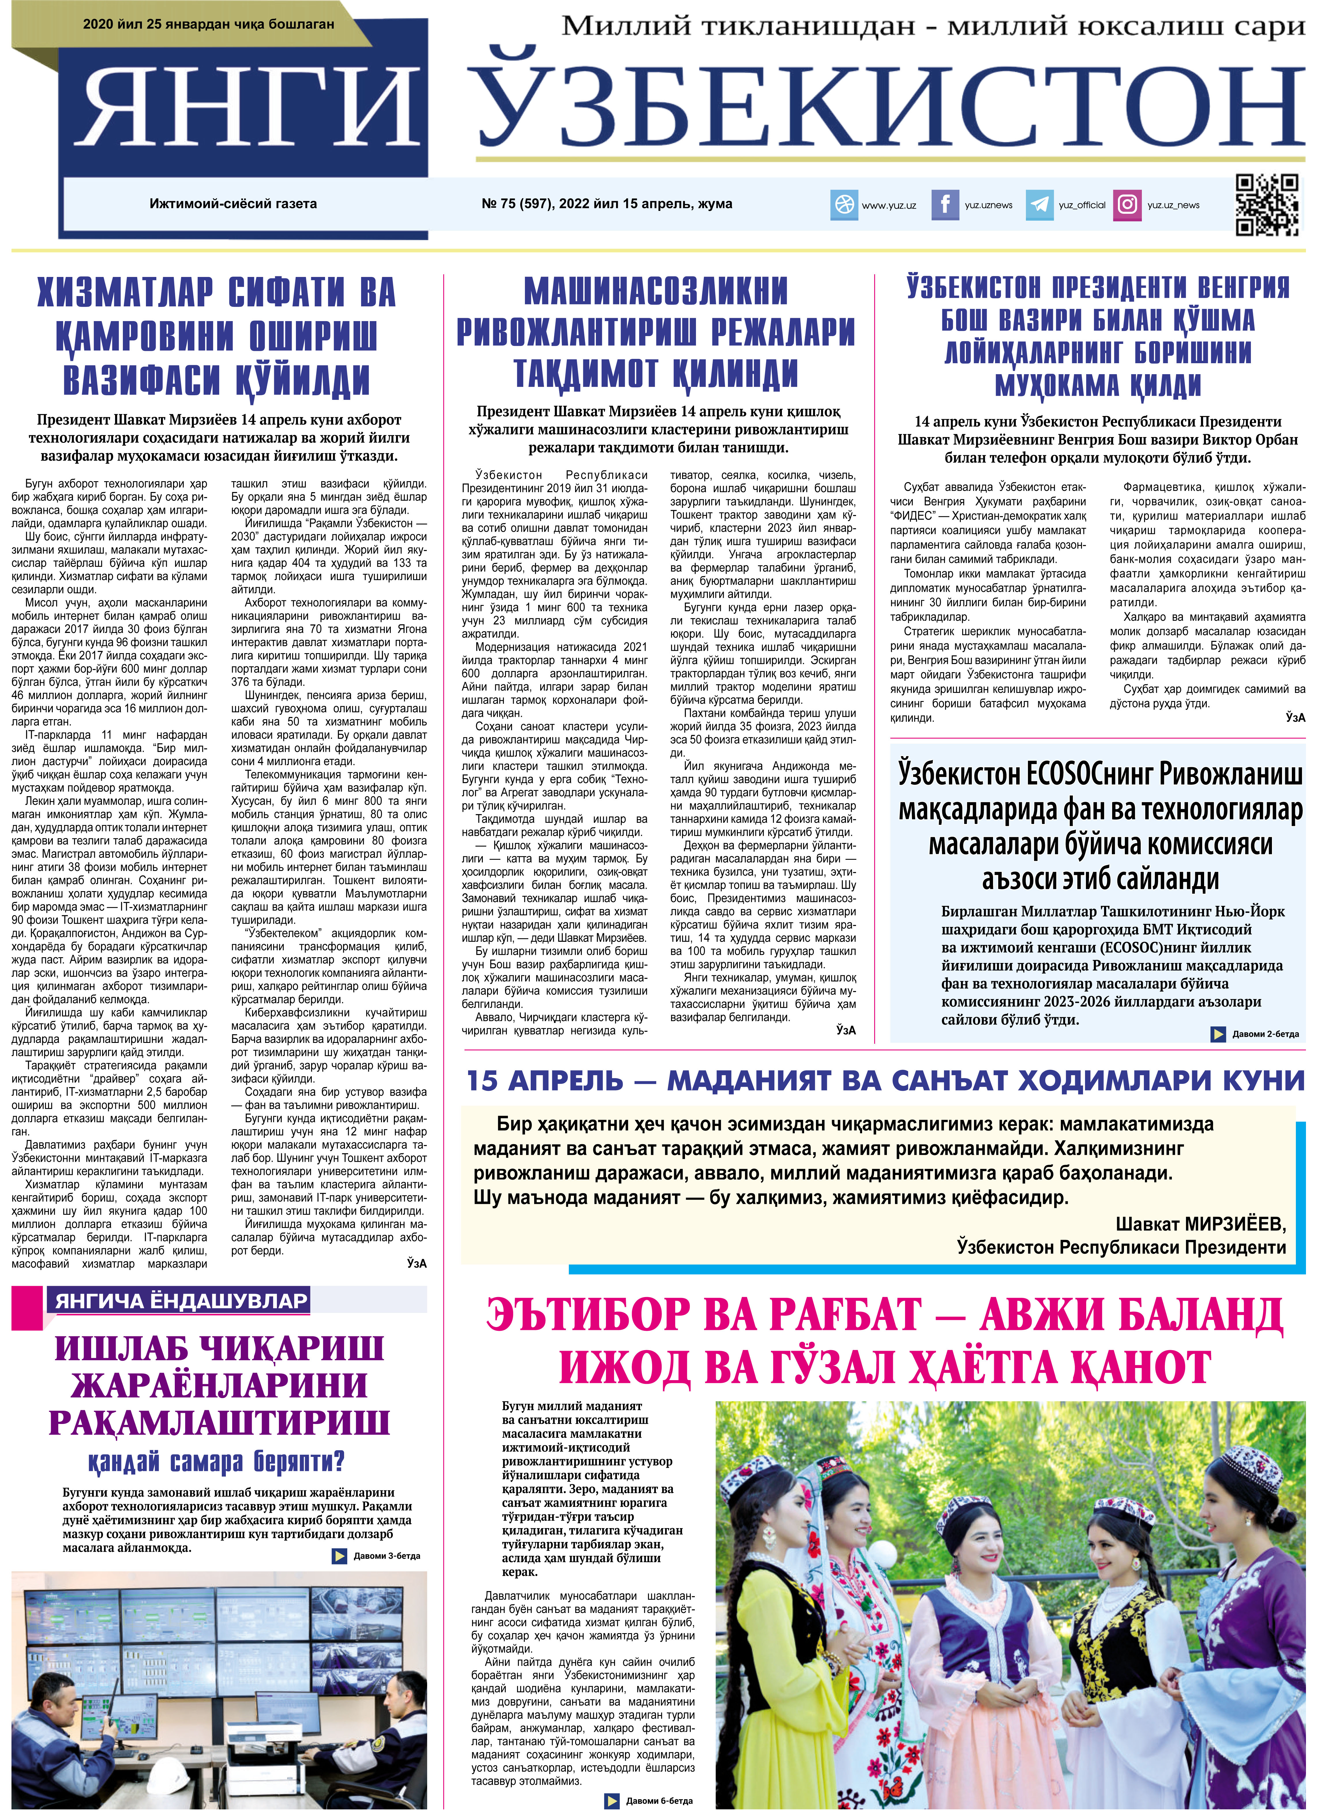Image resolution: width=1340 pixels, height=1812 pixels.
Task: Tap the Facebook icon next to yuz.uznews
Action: pyautogui.click(x=944, y=205)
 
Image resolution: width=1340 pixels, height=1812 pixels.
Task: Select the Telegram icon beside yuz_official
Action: pyautogui.click(x=1039, y=205)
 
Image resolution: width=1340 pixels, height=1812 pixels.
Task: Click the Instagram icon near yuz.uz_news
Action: pyautogui.click(x=1127, y=205)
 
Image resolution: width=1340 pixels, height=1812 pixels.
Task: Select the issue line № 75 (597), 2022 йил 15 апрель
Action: pyautogui.click(x=607, y=204)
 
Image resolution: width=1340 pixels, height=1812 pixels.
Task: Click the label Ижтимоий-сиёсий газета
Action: pyautogui.click(x=233, y=204)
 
